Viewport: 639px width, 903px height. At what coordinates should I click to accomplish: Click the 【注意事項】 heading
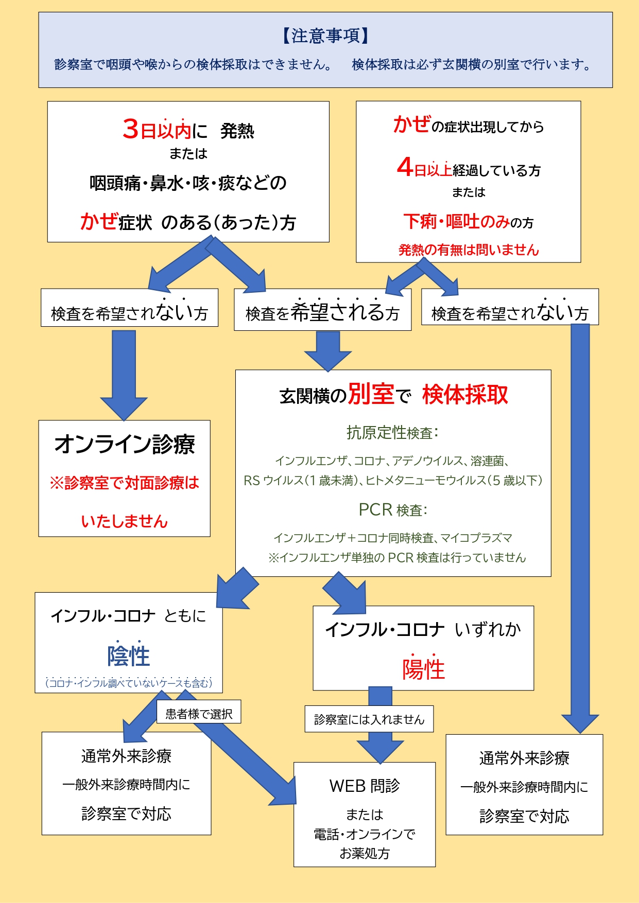click(325, 36)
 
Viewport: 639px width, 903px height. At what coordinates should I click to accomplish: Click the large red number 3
click(131, 129)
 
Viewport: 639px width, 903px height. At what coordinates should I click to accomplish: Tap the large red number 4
click(405, 167)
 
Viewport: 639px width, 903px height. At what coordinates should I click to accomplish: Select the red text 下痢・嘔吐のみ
click(456, 221)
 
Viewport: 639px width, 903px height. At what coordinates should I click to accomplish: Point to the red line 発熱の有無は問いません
click(468, 250)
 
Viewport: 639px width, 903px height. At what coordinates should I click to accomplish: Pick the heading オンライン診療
click(125, 444)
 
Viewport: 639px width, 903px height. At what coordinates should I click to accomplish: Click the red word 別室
click(371, 394)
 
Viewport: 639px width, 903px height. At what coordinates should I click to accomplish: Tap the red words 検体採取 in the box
click(465, 395)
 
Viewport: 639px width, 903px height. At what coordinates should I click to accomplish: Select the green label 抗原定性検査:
click(392, 433)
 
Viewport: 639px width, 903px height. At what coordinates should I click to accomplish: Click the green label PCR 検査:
click(393, 510)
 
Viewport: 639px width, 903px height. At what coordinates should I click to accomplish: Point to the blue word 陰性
click(128, 656)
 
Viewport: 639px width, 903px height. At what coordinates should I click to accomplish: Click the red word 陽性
click(423, 669)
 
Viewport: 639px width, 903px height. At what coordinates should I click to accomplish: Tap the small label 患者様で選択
click(199, 714)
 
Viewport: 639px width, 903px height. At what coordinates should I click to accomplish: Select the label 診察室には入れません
click(369, 719)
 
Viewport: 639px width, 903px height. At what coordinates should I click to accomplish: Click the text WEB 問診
click(365, 786)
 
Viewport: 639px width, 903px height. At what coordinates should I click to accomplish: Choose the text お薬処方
click(365, 854)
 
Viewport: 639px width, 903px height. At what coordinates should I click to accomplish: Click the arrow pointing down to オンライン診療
click(124, 376)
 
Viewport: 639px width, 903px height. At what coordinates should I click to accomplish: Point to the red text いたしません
click(125, 521)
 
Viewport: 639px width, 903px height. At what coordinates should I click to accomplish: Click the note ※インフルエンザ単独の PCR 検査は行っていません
click(397, 558)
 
